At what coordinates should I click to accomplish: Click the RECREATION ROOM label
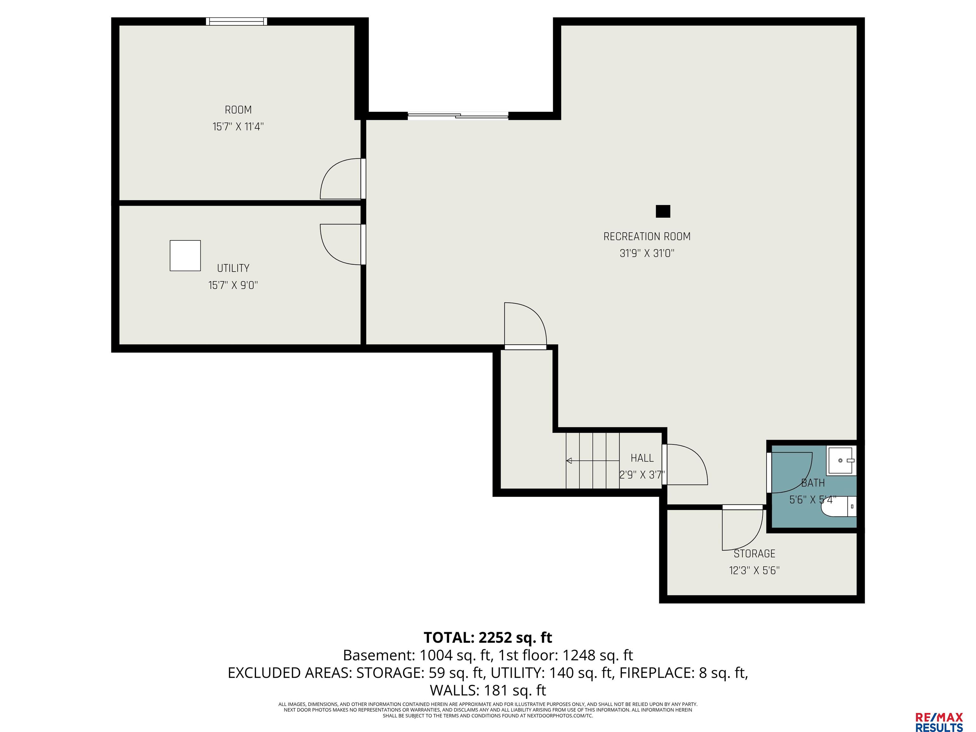pyautogui.click(x=647, y=236)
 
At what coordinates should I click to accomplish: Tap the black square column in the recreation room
pyautogui.click(x=663, y=211)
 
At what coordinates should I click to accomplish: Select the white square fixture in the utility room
pyautogui.click(x=185, y=255)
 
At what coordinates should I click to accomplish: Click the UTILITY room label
pyautogui.click(x=233, y=268)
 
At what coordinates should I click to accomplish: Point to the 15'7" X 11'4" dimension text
pyautogui.click(x=238, y=127)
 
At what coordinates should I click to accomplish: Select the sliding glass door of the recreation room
pyautogui.click(x=458, y=116)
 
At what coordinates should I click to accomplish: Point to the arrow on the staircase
pyautogui.click(x=593, y=461)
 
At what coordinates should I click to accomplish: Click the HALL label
pyautogui.click(x=642, y=458)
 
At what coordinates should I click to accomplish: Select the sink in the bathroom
pyautogui.click(x=841, y=460)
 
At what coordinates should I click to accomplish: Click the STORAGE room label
pyautogui.click(x=755, y=553)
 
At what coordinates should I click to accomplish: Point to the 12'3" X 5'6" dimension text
pyautogui.click(x=755, y=571)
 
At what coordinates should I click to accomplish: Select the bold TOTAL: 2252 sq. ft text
pyautogui.click(x=488, y=638)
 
